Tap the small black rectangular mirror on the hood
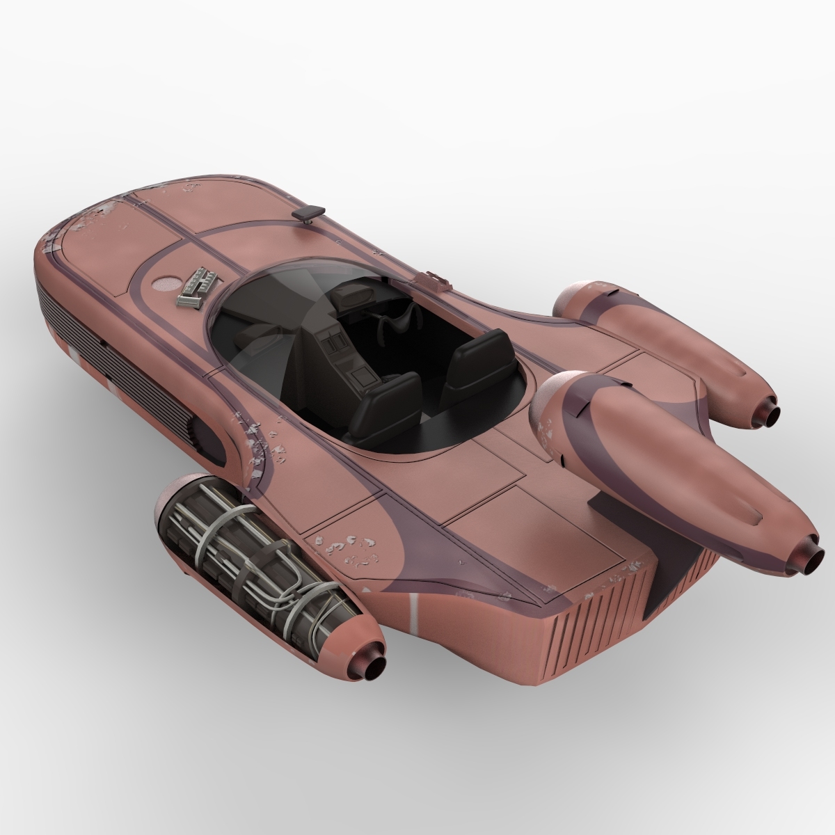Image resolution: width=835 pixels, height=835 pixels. coord(310,212)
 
